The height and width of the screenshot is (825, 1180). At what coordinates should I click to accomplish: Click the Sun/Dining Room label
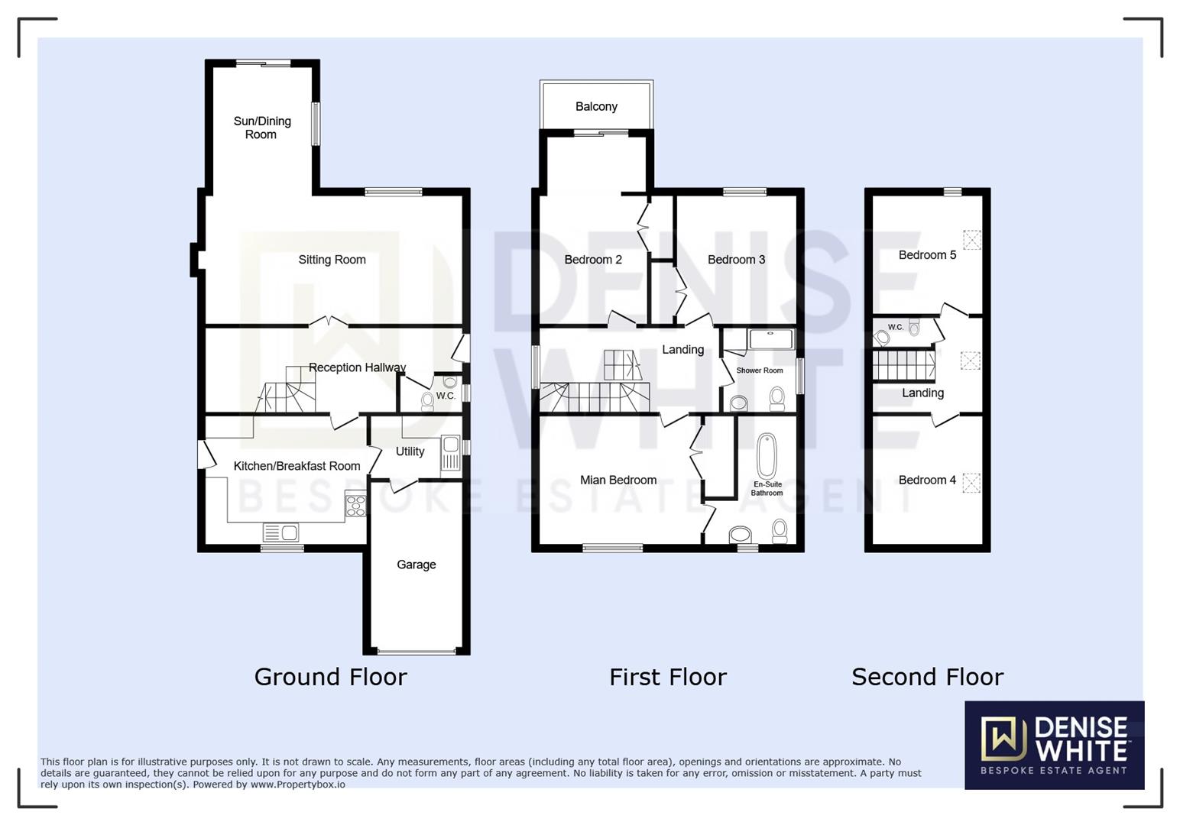pyautogui.click(x=261, y=128)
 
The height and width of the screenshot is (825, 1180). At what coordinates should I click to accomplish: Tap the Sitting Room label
pyautogui.click(x=332, y=260)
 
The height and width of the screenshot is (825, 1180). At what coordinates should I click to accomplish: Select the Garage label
pyautogui.click(x=416, y=565)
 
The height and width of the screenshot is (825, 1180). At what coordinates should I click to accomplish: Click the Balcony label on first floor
pyautogui.click(x=596, y=106)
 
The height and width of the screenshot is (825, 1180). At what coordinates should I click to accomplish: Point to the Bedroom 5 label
pyautogui.click(x=926, y=255)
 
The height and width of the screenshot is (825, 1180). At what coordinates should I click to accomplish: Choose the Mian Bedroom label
pyautogui.click(x=618, y=480)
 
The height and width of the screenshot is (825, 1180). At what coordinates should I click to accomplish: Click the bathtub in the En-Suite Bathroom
pyautogui.click(x=766, y=456)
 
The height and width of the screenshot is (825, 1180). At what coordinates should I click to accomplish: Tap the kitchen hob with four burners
pyautogui.click(x=355, y=505)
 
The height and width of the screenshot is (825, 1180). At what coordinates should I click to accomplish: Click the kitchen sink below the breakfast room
pyautogui.click(x=280, y=532)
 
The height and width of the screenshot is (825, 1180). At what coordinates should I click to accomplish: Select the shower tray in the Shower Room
pyautogui.click(x=771, y=339)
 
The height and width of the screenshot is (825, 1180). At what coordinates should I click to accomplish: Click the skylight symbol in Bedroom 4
pyautogui.click(x=971, y=483)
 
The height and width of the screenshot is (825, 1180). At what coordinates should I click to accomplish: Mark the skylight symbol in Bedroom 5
pyautogui.click(x=971, y=240)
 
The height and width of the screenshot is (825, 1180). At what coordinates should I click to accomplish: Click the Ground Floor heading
pyautogui.click(x=330, y=677)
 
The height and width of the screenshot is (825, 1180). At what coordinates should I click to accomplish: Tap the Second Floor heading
pyautogui.click(x=927, y=677)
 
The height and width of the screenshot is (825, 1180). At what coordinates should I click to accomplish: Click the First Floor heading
pyautogui.click(x=667, y=677)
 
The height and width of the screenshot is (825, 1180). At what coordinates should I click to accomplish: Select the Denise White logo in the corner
pyautogui.click(x=1054, y=745)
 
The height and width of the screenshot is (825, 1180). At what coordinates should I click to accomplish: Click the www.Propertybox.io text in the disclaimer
pyautogui.click(x=297, y=785)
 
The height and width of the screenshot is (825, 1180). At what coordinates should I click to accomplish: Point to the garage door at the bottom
pyautogui.click(x=416, y=652)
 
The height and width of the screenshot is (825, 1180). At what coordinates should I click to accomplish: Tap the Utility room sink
pyautogui.click(x=449, y=452)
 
